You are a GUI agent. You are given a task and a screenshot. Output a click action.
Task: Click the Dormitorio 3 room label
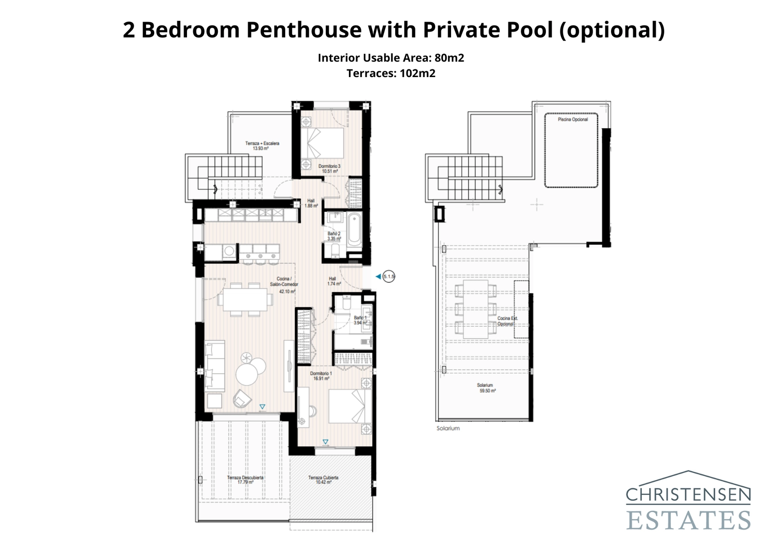[x=329, y=168]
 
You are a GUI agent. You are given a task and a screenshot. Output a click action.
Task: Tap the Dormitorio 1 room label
[x=320, y=376]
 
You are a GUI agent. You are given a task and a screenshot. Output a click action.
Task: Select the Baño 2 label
[x=334, y=236]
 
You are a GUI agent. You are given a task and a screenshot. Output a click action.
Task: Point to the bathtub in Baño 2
[x=354, y=229]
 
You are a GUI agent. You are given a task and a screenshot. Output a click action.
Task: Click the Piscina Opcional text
[x=572, y=120]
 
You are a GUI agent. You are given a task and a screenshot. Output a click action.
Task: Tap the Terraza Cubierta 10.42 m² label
[x=323, y=480]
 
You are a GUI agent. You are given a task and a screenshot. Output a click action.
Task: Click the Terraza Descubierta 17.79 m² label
[x=245, y=480]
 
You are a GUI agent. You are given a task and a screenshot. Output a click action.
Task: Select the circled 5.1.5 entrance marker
[x=389, y=277]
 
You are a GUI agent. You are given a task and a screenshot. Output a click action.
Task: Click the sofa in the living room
[x=214, y=365]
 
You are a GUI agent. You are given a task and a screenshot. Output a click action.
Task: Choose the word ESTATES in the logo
[x=688, y=520]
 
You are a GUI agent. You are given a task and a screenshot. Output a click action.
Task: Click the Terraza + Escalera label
[x=262, y=146]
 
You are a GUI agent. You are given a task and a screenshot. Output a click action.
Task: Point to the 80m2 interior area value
[x=449, y=58]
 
